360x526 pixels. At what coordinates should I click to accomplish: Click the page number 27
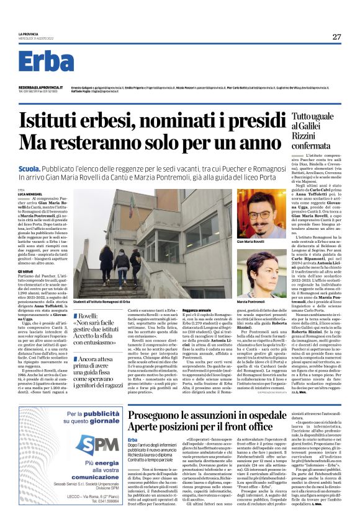[336, 37]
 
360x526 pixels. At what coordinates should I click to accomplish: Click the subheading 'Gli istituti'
[25, 271]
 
